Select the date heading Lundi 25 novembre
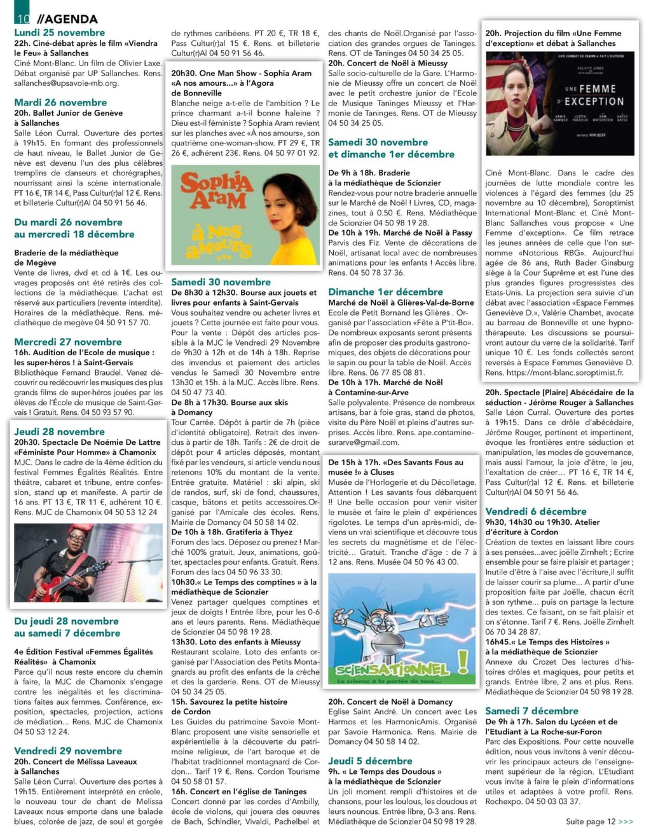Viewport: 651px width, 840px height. click(x=60, y=32)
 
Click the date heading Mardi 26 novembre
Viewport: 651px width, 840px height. click(x=60, y=102)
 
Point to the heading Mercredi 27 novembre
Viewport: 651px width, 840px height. click(x=68, y=342)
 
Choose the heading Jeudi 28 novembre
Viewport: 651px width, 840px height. click(x=59, y=431)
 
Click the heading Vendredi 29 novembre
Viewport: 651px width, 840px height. click(x=68, y=750)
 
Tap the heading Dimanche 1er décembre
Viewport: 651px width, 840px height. click(x=385, y=292)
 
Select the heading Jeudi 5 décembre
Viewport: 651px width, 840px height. click(x=370, y=761)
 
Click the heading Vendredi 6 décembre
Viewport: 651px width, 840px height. click(x=536, y=511)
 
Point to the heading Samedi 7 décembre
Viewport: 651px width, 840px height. click(x=531, y=711)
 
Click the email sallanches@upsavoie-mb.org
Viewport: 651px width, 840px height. click(x=66, y=83)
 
